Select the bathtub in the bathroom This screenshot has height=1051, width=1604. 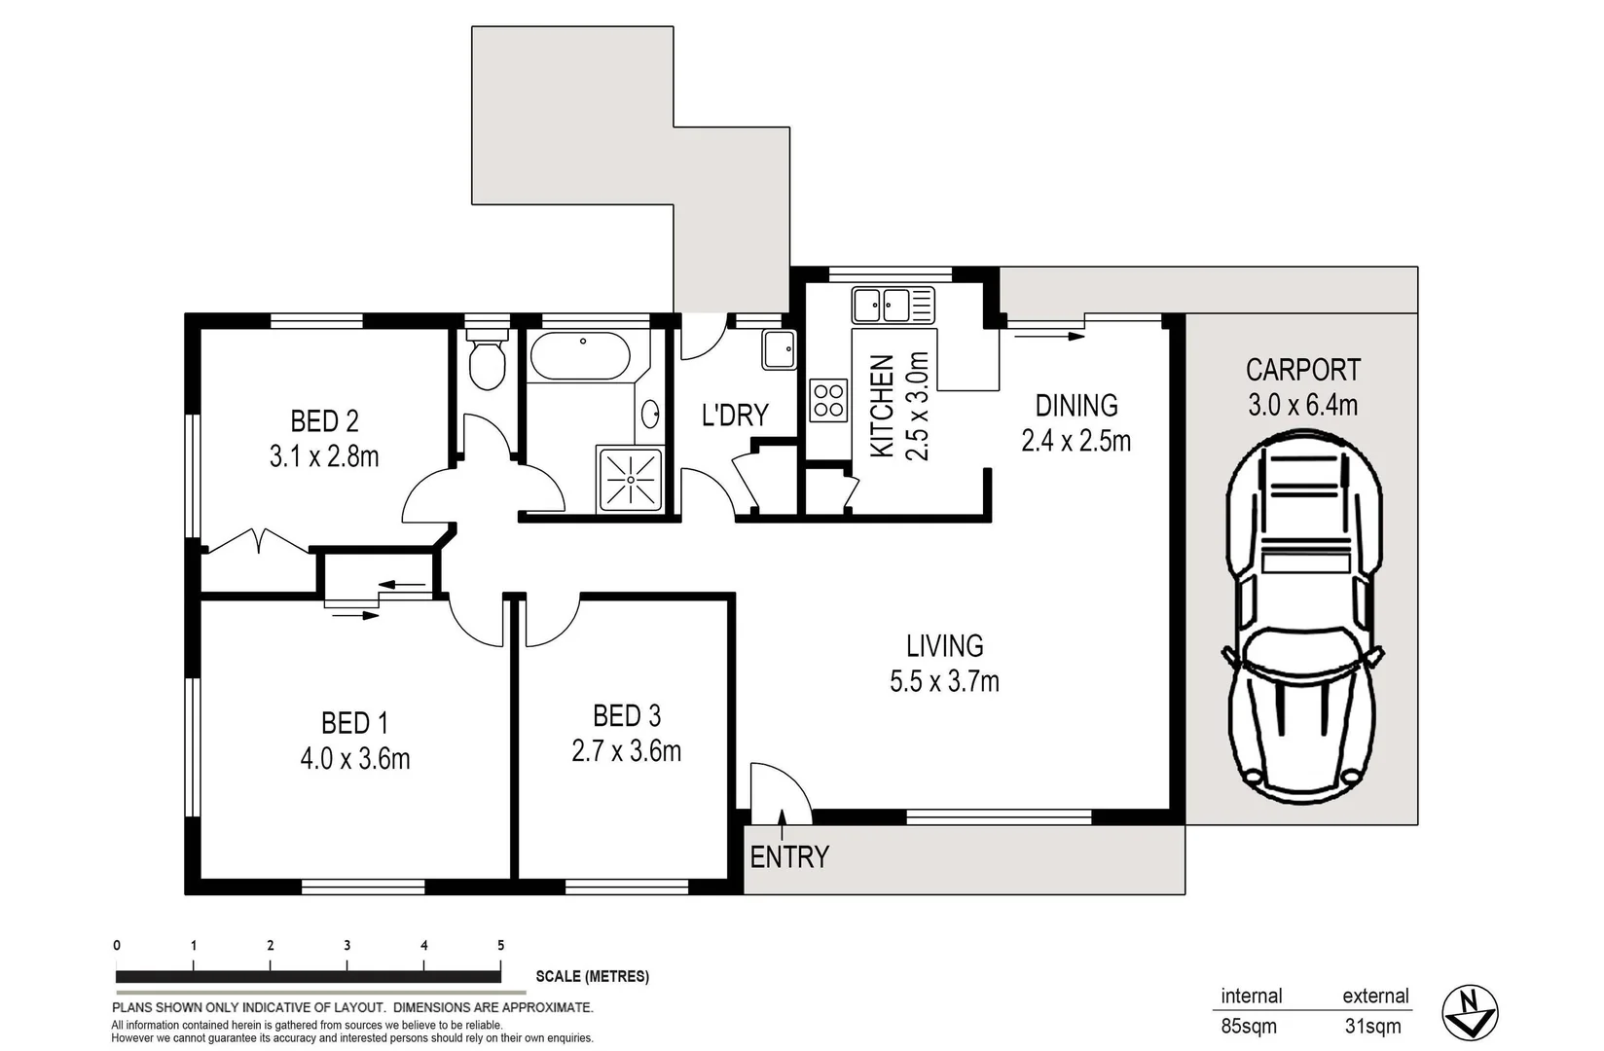tap(580, 356)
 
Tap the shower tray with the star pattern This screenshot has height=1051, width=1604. tap(631, 479)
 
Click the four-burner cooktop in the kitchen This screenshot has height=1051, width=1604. tap(828, 400)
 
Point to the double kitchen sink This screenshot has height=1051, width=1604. tap(893, 305)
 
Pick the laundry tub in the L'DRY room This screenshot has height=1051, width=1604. tap(779, 349)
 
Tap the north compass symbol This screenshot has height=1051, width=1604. tap(1469, 1012)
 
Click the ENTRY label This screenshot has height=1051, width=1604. tap(789, 857)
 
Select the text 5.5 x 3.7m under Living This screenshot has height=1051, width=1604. tap(944, 681)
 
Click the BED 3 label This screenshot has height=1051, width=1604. tap(627, 716)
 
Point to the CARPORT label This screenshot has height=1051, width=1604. tap(1302, 370)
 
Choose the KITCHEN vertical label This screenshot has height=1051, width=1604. tap(882, 406)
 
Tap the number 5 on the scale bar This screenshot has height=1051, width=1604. tap(500, 945)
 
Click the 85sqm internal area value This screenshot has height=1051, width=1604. tap(1249, 1026)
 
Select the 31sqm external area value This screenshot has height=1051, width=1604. tap(1372, 1026)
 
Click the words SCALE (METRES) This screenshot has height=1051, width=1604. tap(592, 976)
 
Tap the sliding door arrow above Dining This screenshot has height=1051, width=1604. tap(1048, 337)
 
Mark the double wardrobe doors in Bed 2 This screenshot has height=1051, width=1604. tap(259, 541)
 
